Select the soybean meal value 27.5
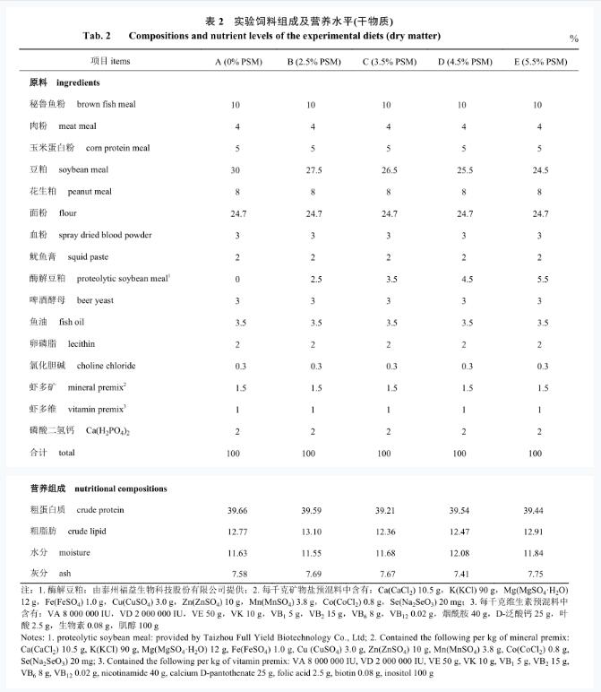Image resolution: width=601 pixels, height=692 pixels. (310, 169)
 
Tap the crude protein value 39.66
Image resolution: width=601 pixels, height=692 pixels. (235, 510)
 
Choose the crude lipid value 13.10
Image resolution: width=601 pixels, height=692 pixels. (310, 532)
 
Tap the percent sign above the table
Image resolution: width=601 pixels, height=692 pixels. (573, 39)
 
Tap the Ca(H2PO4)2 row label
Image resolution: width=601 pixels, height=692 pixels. (108, 431)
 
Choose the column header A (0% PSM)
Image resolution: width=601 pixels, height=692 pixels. (235, 62)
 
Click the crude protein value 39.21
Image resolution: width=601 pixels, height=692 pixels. (385, 510)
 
